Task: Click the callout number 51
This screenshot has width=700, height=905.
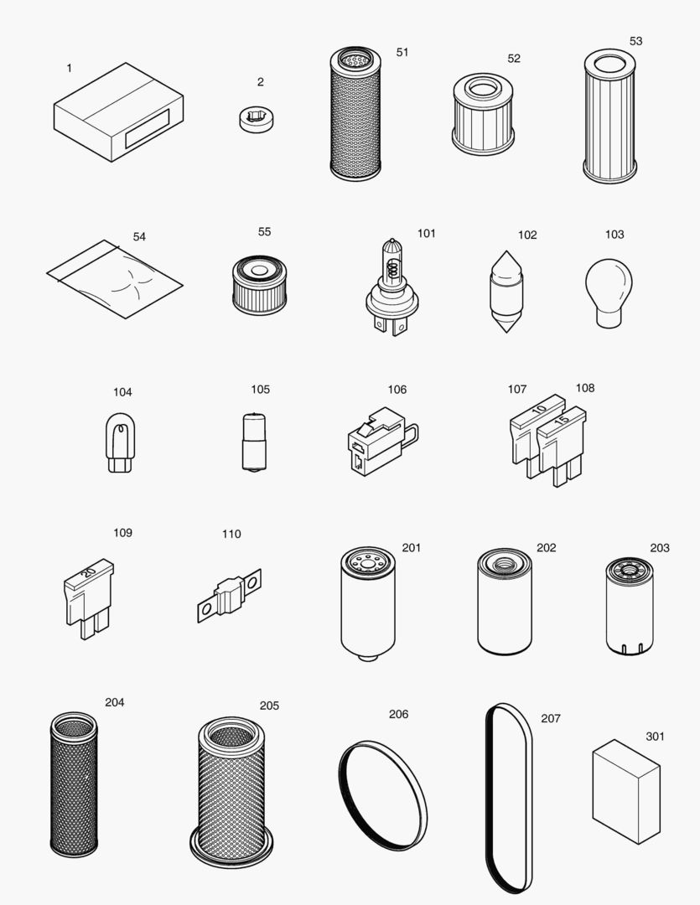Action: [402, 52]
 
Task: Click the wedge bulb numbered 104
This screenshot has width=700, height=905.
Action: [120, 444]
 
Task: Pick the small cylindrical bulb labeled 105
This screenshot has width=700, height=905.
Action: [249, 442]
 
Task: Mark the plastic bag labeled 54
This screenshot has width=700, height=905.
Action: [114, 279]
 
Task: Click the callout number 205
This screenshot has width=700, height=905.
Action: [269, 706]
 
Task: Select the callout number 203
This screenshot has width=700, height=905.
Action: [660, 548]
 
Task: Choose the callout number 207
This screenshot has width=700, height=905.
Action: [551, 718]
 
